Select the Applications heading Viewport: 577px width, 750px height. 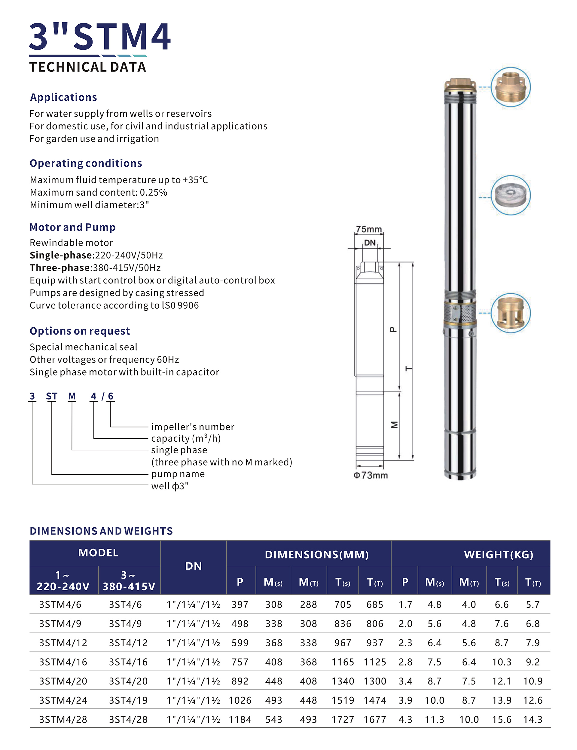(x=63, y=97)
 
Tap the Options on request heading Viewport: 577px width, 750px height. (x=80, y=331)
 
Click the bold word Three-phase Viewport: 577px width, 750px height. (x=60, y=268)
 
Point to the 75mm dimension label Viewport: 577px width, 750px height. (x=369, y=229)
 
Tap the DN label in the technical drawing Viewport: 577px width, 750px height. (x=370, y=243)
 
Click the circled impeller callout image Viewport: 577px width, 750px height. (x=510, y=195)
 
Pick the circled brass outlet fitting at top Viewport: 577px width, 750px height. (x=510, y=87)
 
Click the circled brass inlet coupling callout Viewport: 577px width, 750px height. (x=510, y=313)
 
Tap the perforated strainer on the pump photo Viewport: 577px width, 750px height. (x=460, y=313)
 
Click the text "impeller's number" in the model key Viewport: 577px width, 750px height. (x=193, y=427)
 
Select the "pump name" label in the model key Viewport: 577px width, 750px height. (x=178, y=474)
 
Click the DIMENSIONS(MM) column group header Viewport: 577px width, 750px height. (x=316, y=554)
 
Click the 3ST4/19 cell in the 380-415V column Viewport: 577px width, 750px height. (x=128, y=700)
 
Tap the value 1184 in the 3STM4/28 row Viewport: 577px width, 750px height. (x=240, y=719)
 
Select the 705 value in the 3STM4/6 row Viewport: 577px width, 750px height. (x=343, y=605)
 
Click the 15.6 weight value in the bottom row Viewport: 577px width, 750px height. (x=502, y=719)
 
